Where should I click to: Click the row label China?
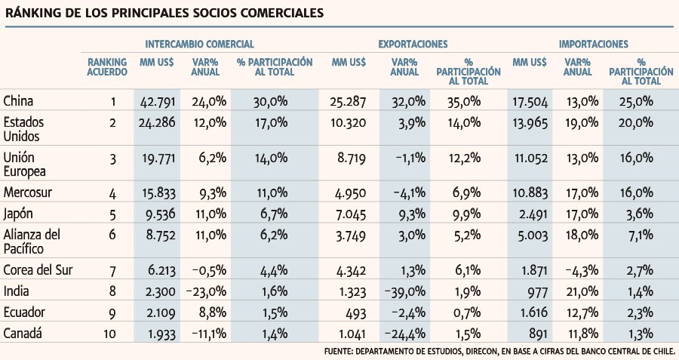click(18, 101)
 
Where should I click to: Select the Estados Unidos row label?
click(23, 129)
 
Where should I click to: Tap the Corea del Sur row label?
click(38, 270)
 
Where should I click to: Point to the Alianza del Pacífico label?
click(32, 242)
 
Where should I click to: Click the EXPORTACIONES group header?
click(413, 45)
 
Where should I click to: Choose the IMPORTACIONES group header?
click(593, 45)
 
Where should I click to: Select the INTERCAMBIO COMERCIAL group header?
click(199, 45)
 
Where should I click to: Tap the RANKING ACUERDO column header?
click(107, 67)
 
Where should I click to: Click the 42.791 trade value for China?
click(158, 102)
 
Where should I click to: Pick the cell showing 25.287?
click(348, 102)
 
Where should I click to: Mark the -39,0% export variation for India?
click(405, 292)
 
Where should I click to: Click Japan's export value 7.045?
click(350, 214)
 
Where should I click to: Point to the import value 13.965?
click(530, 123)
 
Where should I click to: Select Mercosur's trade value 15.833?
click(159, 193)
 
